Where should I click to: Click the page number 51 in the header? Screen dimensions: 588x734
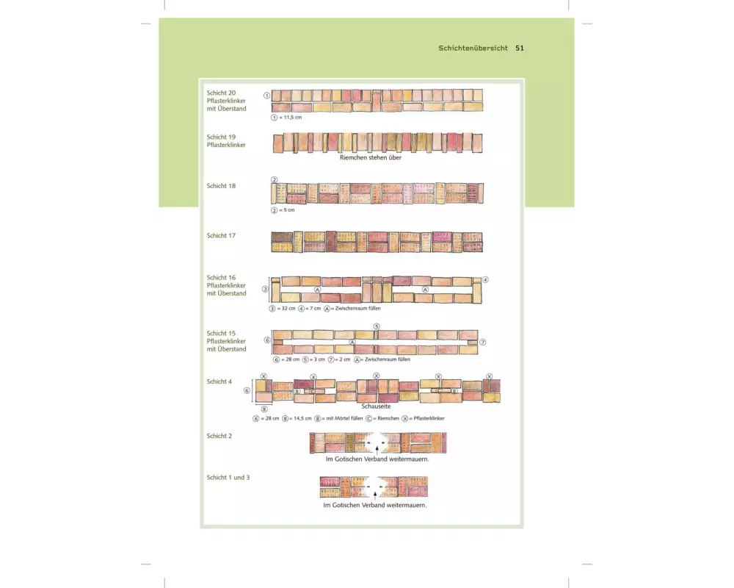(x=519, y=48)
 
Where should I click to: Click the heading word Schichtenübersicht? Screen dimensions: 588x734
(x=473, y=48)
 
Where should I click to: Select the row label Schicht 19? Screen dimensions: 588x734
(x=221, y=137)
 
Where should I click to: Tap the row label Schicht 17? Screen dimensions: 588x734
(x=221, y=236)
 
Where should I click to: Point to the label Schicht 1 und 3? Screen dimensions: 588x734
(x=228, y=478)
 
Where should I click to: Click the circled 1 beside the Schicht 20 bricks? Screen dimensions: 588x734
(x=266, y=96)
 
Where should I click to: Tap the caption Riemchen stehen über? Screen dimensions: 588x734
(x=370, y=157)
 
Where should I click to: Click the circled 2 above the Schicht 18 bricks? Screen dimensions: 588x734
(x=274, y=179)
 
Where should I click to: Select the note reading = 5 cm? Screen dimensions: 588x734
(x=286, y=210)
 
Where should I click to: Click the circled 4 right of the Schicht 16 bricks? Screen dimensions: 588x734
(x=485, y=279)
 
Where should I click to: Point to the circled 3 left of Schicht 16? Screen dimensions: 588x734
(x=264, y=289)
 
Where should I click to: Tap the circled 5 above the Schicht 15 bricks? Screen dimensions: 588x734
(x=377, y=326)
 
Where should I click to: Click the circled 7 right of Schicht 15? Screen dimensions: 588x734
(x=483, y=343)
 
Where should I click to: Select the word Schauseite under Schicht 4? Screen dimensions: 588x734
(x=375, y=406)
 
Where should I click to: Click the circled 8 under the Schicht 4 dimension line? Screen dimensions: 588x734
(x=264, y=409)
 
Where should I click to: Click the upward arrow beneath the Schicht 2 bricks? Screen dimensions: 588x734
(x=377, y=447)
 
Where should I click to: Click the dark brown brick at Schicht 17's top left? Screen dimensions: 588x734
(x=281, y=237)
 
